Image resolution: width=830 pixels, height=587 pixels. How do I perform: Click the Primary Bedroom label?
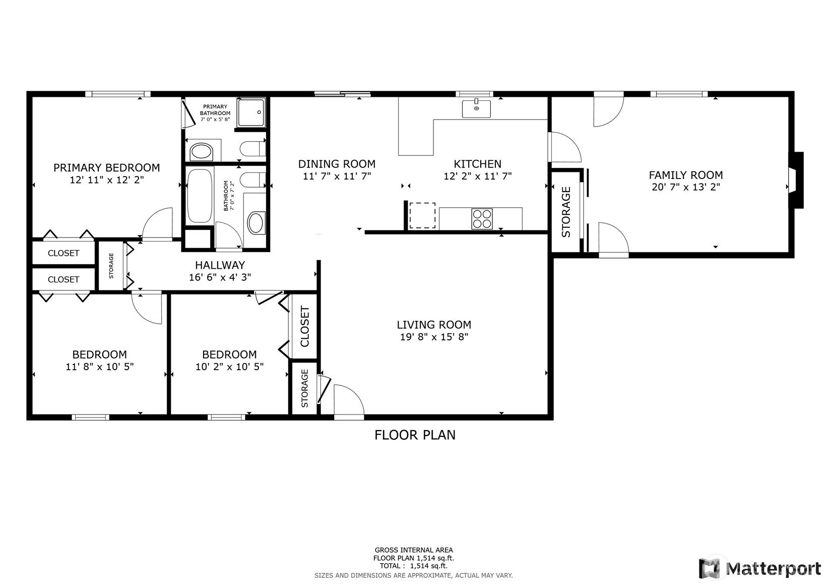click(107, 167)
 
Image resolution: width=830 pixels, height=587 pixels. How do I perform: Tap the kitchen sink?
click(476, 108)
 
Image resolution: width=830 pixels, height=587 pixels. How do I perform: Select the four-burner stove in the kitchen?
click(482, 219)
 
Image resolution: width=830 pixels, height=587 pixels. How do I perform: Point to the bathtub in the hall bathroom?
click(200, 196)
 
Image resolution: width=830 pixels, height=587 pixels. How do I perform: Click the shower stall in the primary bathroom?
click(251, 112)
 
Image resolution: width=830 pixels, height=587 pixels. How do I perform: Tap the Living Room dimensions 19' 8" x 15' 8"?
click(434, 337)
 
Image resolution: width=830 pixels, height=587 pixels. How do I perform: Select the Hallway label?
click(220, 265)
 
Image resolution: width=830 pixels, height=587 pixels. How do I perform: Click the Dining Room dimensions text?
click(337, 176)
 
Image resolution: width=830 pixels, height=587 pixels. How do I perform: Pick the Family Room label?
click(686, 175)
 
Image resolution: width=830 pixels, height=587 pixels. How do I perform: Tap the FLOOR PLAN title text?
click(415, 435)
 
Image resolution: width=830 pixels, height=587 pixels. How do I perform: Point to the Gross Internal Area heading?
click(414, 550)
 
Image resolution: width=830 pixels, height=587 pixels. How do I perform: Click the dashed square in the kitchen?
click(422, 215)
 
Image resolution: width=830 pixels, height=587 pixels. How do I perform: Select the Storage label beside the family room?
click(566, 212)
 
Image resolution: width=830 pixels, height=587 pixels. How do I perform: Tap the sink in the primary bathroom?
click(201, 152)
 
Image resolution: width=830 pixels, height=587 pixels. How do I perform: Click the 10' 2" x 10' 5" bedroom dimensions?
click(229, 367)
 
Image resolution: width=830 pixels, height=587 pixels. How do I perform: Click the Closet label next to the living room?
click(304, 326)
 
